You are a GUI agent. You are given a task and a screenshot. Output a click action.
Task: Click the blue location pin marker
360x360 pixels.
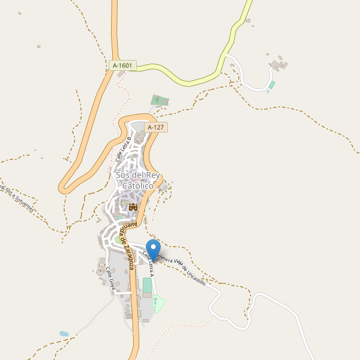pyautogui.click(x=154, y=248)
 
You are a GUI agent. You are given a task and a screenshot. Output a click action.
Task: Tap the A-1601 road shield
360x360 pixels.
pyautogui.click(x=122, y=65)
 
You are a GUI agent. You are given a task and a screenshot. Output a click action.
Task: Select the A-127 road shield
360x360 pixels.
pyautogui.click(x=155, y=127)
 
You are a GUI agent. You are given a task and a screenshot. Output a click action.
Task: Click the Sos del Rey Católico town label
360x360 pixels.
pyautogui.click(x=138, y=181)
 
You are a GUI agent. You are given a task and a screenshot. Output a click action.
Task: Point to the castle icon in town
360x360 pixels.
pyautogui.click(x=133, y=206)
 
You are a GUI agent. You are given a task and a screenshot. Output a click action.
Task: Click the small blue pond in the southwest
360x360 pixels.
pyautogui.click(x=64, y=333)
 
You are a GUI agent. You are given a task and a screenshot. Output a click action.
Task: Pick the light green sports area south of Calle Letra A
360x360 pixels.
pyautogui.click(x=158, y=304)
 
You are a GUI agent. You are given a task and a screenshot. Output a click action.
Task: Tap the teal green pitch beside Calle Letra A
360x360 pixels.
pyautogui.click(x=147, y=285)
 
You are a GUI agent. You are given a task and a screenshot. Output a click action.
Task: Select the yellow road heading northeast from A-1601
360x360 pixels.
pyautogui.click(x=234, y=36)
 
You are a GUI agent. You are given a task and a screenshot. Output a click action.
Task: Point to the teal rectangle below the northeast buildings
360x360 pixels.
pyautogui.click(x=271, y=85)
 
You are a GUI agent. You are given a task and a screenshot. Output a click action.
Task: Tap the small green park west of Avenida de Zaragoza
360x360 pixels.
pyautogui.click(x=118, y=240)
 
